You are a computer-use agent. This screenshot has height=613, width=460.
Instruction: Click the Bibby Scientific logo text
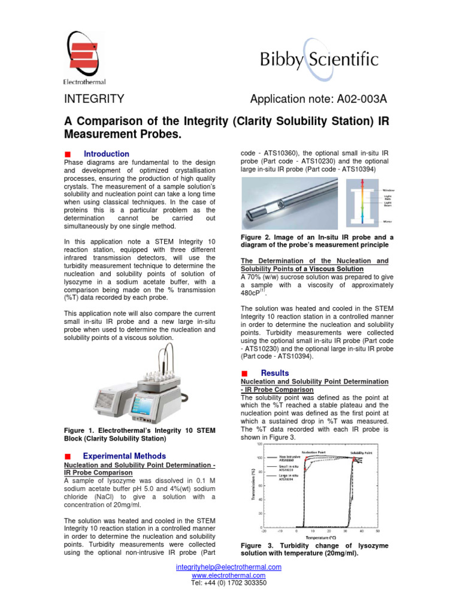[x=319, y=60]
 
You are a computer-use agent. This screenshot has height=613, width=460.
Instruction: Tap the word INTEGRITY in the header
[x=94, y=99]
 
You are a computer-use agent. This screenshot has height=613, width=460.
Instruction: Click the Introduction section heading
[x=106, y=154]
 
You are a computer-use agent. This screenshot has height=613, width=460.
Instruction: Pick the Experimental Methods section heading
[x=124, y=456]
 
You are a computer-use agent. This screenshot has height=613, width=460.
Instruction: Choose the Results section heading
[x=275, y=373]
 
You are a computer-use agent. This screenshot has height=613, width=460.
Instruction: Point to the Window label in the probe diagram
[x=388, y=189]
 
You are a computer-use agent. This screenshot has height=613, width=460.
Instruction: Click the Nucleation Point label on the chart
[x=314, y=453]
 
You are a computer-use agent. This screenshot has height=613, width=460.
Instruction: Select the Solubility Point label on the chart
[x=361, y=453]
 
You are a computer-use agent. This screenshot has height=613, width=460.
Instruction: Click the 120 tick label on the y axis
[x=259, y=444]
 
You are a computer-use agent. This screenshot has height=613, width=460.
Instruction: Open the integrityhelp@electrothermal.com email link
[x=228, y=567]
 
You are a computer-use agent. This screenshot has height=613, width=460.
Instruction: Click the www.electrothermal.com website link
[x=228, y=575]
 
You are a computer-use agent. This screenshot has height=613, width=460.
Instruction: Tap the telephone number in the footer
[x=228, y=582]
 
